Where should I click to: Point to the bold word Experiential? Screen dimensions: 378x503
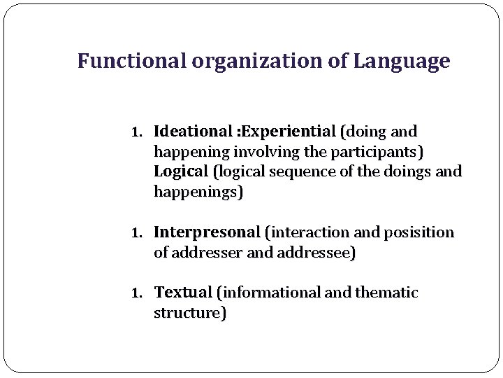tap(288, 132)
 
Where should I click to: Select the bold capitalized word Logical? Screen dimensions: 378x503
tap(181, 171)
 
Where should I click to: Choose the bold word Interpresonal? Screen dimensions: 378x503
tap(207, 232)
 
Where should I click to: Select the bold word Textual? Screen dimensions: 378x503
tap(183, 293)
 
